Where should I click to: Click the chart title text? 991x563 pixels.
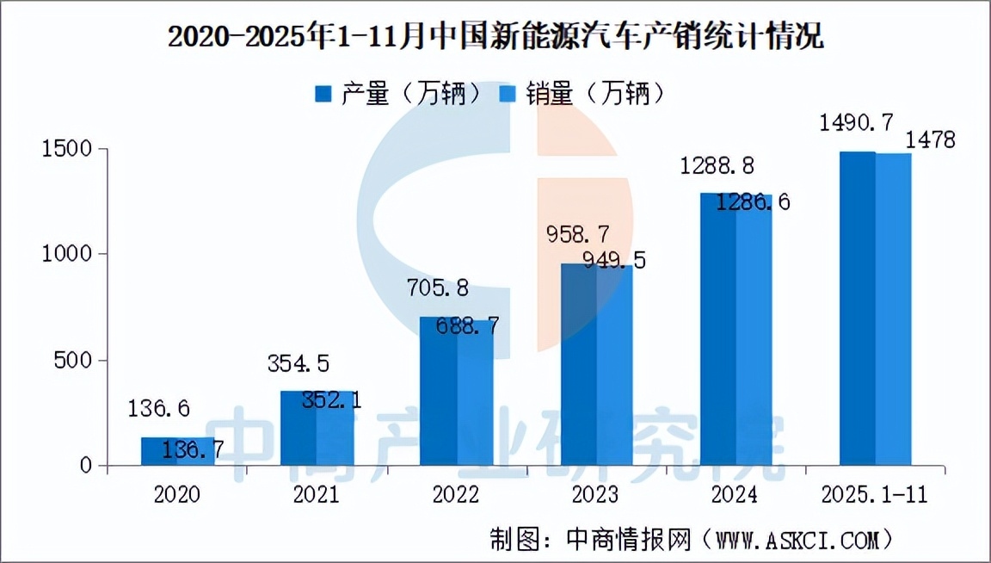[x=495, y=37]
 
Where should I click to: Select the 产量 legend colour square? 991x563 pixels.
[x=323, y=94]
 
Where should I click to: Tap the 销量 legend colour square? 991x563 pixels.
[x=508, y=94]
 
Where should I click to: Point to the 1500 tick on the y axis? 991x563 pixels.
[x=65, y=149]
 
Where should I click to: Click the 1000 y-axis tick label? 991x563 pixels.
[x=65, y=255]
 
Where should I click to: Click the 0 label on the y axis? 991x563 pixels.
[x=83, y=466]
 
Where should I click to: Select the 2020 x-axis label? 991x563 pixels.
[x=177, y=495]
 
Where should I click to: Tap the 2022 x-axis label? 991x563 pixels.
[x=457, y=495]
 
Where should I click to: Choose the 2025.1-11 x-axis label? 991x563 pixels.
[x=876, y=495]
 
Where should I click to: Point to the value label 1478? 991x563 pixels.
[x=927, y=140]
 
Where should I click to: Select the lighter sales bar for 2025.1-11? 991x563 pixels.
[x=893, y=310]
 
